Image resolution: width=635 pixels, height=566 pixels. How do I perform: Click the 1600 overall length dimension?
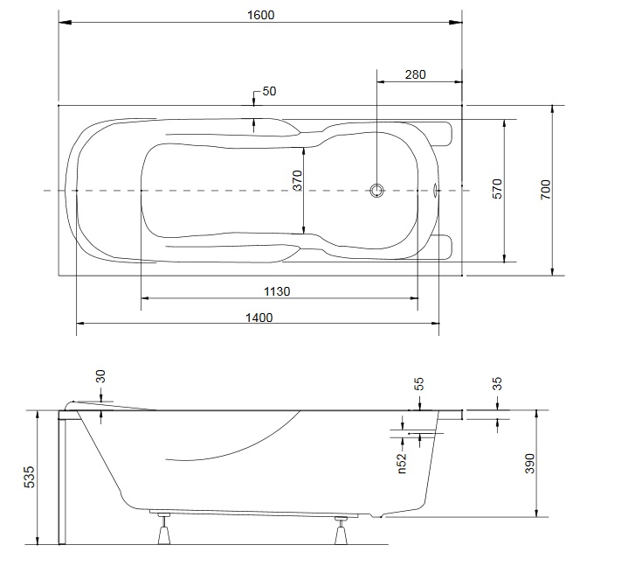(261, 15)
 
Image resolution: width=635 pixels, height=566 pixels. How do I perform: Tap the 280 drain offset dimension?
(415, 74)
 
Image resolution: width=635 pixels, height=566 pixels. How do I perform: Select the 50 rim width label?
(269, 91)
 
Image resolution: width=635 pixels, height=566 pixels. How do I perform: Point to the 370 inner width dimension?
(298, 180)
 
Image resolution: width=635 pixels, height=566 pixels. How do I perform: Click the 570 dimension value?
(497, 189)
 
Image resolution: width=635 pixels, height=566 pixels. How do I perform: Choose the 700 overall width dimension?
(546, 190)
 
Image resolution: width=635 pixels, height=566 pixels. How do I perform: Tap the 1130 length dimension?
(277, 291)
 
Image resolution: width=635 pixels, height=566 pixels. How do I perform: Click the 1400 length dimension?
(259, 318)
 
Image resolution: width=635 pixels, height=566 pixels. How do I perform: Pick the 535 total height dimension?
(30, 477)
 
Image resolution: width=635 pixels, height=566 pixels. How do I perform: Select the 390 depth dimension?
(529, 464)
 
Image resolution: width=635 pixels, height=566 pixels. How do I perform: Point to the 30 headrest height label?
(100, 376)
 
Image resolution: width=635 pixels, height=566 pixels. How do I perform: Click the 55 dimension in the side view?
(419, 384)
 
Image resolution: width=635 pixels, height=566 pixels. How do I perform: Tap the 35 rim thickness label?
(497, 384)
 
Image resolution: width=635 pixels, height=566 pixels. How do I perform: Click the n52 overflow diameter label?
(401, 463)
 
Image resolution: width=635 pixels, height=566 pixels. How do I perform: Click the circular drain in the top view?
(376, 191)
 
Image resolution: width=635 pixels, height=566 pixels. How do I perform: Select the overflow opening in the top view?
(436, 190)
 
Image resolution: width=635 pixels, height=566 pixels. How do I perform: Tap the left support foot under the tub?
(164, 528)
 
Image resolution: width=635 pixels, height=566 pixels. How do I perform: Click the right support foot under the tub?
(341, 530)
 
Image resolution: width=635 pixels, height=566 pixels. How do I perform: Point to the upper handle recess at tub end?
(444, 134)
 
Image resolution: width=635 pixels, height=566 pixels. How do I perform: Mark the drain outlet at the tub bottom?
(378, 515)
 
